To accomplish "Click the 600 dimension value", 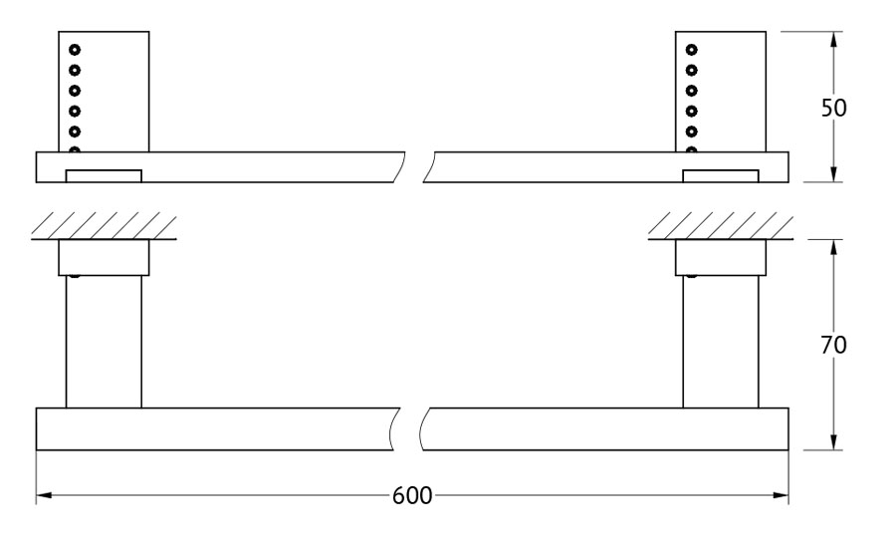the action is pos(412,495).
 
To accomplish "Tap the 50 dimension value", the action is pos(833,108).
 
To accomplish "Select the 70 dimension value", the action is pos(833,345).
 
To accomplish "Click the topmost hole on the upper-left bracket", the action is pos(75,50).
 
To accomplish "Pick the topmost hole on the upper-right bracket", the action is pos(692,50).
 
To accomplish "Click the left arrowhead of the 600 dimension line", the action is pos(44,494).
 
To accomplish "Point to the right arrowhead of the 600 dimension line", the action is pos(781,494).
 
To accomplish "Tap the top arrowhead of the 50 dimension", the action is pos(833,40).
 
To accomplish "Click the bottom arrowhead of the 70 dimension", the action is pos(833,442).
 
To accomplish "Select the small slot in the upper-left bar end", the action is pos(104,175).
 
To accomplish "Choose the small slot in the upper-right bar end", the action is pos(721,175).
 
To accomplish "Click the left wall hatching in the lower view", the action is pos(104,226).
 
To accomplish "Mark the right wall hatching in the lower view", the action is pos(721,226).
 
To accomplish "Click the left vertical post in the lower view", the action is pos(104,342).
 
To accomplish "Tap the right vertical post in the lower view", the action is pos(721,342).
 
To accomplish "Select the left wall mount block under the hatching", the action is pos(104,257).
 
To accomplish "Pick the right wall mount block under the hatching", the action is pos(721,257).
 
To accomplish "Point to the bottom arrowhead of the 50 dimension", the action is pos(833,174).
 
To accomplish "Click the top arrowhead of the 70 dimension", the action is pos(833,248).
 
